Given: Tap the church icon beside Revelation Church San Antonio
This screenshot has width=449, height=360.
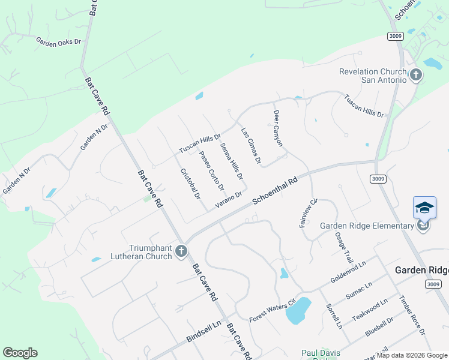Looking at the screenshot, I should (x=415, y=76).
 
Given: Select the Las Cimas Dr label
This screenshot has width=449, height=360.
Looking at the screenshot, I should (x=252, y=145).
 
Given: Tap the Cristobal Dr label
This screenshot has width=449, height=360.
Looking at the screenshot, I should (x=190, y=183).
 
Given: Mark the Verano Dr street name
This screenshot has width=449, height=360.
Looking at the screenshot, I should (x=228, y=199).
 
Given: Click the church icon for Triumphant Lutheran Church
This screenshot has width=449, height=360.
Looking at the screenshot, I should (x=182, y=253).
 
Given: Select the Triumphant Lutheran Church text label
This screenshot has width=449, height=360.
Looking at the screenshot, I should (x=149, y=252).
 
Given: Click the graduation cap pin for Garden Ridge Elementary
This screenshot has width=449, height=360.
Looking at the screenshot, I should (x=424, y=208).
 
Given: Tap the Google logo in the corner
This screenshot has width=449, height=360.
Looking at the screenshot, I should (x=20, y=353).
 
